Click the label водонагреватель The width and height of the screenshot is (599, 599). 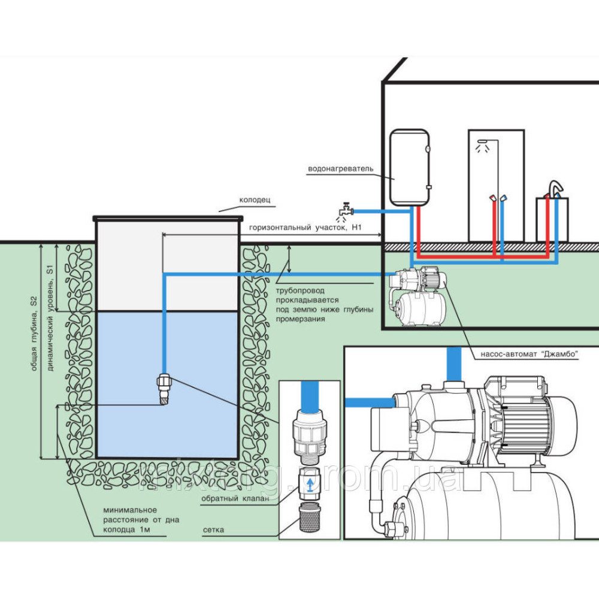click(x=340, y=168)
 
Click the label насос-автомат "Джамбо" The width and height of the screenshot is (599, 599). click(x=529, y=353)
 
